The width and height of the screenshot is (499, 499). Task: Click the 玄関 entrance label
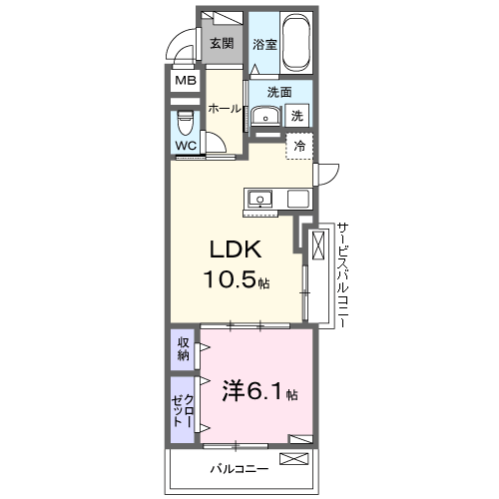point(221,44)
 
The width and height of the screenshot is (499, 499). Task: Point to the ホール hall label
point(225,109)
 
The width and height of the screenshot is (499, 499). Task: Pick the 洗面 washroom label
point(278,92)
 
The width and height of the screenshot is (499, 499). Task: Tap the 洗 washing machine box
point(297,116)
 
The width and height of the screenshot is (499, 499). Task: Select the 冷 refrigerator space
point(299,146)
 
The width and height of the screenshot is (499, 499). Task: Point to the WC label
point(186,146)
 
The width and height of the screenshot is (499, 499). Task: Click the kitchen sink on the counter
point(259,198)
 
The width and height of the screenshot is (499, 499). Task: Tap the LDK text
point(238,250)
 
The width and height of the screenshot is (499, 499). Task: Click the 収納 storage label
point(184,348)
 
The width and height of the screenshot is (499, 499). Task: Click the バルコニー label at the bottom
point(238,466)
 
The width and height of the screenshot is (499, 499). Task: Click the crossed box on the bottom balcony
point(296,459)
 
